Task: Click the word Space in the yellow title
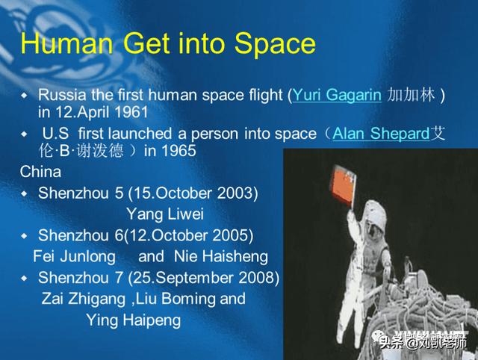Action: [x=275, y=44]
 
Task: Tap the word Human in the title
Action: [x=66, y=43]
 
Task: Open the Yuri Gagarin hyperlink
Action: [x=337, y=95]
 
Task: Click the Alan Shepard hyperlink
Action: [x=381, y=134]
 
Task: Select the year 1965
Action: [x=179, y=151]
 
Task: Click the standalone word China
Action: [x=40, y=172]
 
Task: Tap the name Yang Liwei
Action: [x=165, y=214]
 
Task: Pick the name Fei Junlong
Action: [x=75, y=256]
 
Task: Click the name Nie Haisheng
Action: [x=221, y=256]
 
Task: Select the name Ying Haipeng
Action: [x=134, y=320]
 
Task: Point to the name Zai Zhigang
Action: [x=84, y=299]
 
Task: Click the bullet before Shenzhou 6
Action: [x=24, y=235]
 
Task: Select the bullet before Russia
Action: [x=24, y=96]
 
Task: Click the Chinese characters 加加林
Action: [x=411, y=95]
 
